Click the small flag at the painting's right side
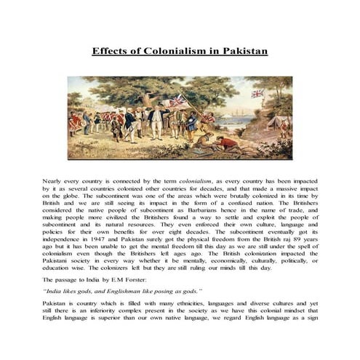pyautogui.click(x=257, y=94)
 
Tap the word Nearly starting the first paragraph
pyautogui.click(x=55, y=177)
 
